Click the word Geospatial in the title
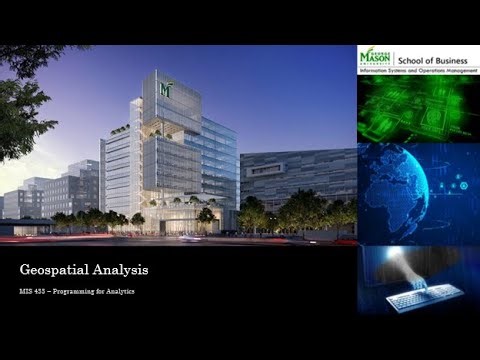coord(52,271)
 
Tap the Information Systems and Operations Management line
coord(418,72)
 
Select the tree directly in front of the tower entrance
coord(205,215)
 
